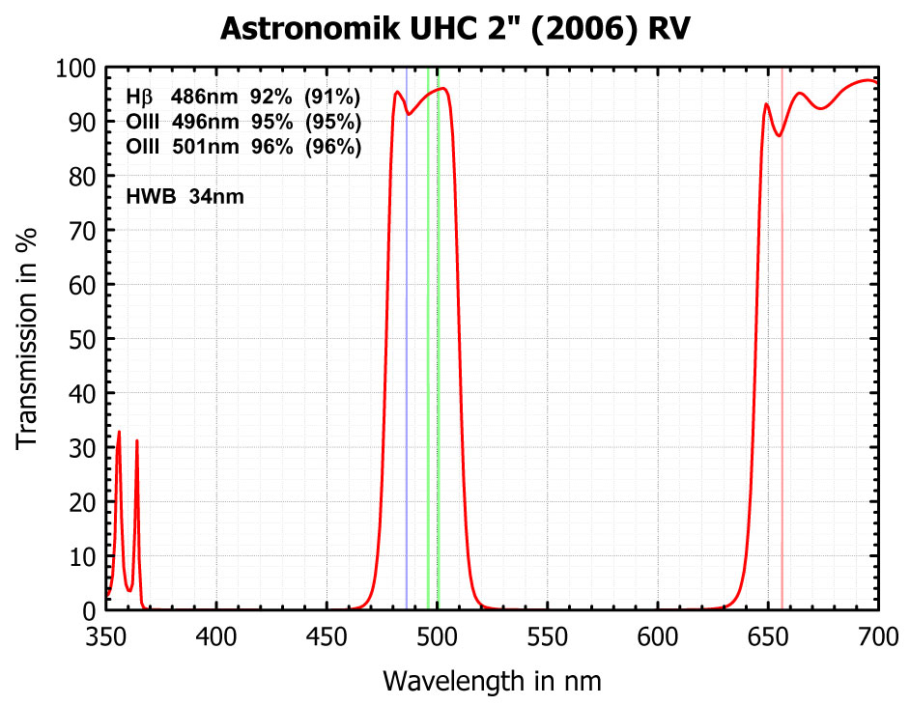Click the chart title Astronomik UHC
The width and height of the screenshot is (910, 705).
pyautogui.click(x=454, y=29)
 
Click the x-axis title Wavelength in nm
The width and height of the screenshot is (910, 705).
pyautogui.click(x=492, y=681)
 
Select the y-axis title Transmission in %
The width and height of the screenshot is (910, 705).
pyautogui.click(x=29, y=338)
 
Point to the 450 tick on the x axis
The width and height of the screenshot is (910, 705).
pyautogui.click(x=327, y=610)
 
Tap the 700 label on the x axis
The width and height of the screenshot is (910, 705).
pyautogui.click(x=877, y=636)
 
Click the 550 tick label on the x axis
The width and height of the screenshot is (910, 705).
pyautogui.click(x=547, y=636)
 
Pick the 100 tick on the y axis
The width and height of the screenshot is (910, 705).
pyautogui.click(x=106, y=69)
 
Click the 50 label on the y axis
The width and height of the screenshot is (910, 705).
pyautogui.click(x=81, y=340)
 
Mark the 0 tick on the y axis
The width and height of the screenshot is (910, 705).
pyautogui.click(x=106, y=610)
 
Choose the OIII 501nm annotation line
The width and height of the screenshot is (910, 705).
pyautogui.click(x=243, y=147)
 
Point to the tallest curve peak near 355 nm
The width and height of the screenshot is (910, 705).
pyautogui.click(x=119, y=433)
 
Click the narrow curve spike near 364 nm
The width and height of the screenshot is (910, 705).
pyautogui.click(x=137, y=442)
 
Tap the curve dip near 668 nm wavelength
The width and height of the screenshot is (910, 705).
pyautogui.click(x=821, y=108)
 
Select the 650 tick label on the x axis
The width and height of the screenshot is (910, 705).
pyautogui.click(x=767, y=636)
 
